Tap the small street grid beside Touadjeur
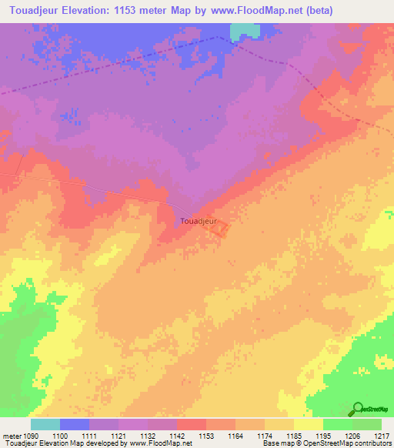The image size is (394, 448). (x=219, y=229)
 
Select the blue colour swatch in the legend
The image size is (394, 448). (x=74, y=424)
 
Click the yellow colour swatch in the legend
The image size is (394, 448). (x=308, y=424)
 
